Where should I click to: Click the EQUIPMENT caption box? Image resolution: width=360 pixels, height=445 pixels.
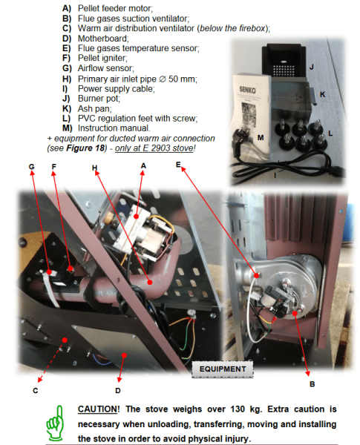coord(223,369)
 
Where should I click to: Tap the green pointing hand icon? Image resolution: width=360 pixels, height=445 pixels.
coord(56,423)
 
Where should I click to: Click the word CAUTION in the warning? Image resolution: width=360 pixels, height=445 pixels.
coord(97,409)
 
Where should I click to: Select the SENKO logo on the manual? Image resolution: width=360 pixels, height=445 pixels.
coord(247,90)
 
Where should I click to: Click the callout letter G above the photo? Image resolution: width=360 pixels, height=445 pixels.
coord(31,167)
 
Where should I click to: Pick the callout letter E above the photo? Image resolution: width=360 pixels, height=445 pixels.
coord(178,165)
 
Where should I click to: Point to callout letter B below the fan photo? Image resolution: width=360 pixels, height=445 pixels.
coord(312,384)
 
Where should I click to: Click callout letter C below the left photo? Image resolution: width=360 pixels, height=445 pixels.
coord(35,391)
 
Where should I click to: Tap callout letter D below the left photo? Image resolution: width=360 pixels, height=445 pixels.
coord(118,391)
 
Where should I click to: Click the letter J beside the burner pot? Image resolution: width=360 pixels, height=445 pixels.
coord(312,67)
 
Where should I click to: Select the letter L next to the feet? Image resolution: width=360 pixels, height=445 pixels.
coord(330,133)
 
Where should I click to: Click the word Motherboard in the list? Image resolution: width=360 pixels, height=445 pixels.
coord(103,39)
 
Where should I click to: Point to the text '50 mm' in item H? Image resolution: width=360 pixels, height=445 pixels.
coord(182,79)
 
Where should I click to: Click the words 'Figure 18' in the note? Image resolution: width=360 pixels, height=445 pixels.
coord(85,148)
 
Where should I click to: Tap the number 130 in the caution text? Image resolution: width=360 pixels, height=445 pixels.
coord(238,409)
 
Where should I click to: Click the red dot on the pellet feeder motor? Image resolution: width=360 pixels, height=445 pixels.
coord(136,217)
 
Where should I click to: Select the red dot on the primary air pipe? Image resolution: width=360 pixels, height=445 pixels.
coord(150,282)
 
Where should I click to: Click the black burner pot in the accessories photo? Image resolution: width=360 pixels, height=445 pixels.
coord(284,61)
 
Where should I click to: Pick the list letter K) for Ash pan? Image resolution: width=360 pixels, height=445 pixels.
coord(67,109)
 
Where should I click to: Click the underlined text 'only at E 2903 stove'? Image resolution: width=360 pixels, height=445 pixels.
coord(154,148)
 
